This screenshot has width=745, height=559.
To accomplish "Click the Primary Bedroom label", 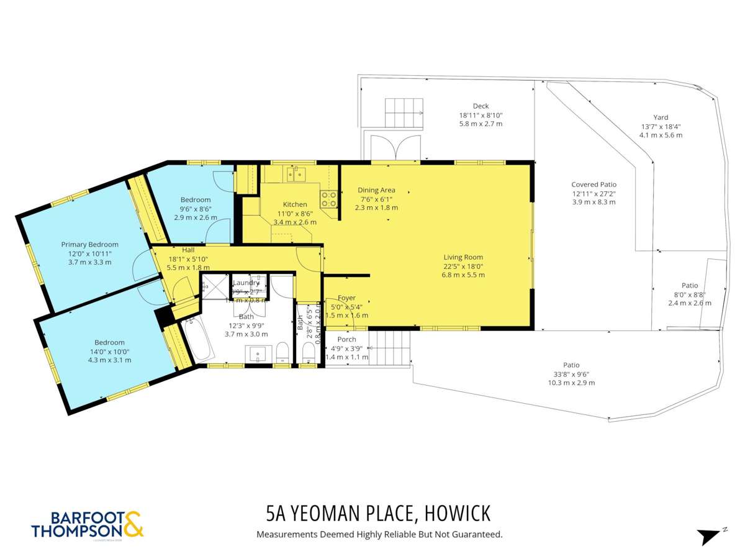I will click(89, 244).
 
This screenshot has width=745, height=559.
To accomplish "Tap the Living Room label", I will click(463, 257).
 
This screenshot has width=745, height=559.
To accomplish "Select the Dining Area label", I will click(376, 190).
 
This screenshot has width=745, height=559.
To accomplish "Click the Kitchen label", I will click(295, 204).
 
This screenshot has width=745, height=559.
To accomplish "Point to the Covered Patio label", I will click(594, 184).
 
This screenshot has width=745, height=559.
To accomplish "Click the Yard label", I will click(661, 117).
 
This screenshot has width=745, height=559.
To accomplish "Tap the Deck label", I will click(481, 106).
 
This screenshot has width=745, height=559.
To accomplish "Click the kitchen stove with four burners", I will click(328, 199).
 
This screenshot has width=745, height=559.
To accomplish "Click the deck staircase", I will click(404, 112).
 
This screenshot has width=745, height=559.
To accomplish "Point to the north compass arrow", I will click(710, 535).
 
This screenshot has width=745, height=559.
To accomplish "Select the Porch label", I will click(346, 339).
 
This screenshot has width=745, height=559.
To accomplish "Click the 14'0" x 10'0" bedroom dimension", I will click(109, 351).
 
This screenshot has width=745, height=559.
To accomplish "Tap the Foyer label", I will click(346, 298).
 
